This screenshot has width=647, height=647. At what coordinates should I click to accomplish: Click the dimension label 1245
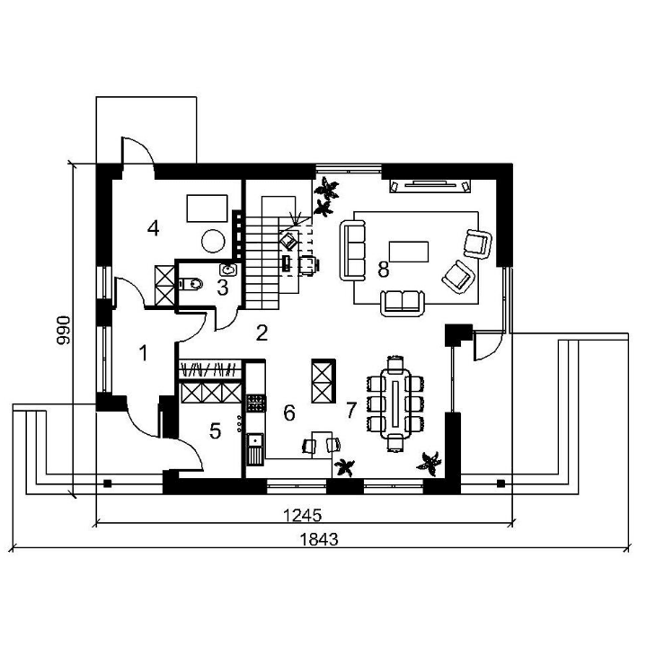(302, 516)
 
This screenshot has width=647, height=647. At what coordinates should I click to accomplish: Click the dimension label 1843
(318, 539)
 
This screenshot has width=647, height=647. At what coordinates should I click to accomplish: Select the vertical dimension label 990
(64, 330)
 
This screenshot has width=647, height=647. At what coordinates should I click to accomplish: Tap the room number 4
(153, 228)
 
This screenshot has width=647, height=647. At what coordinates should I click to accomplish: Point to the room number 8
(384, 270)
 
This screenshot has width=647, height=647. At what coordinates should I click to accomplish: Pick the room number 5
(215, 430)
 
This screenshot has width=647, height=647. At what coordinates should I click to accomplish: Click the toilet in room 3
(191, 284)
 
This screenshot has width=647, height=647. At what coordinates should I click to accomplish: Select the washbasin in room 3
(228, 270)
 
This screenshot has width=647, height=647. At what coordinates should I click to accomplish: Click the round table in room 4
(213, 241)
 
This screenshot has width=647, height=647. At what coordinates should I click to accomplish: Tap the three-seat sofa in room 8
(353, 251)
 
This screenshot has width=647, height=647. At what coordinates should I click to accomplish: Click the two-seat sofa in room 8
(403, 303)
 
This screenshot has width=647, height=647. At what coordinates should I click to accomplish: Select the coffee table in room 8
(409, 252)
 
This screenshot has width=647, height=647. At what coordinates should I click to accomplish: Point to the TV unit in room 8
(430, 186)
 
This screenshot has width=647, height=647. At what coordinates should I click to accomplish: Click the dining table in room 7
(395, 403)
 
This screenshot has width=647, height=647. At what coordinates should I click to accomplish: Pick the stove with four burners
(256, 403)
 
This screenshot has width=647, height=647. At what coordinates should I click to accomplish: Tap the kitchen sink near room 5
(255, 449)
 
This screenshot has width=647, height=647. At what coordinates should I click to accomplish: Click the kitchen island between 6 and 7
(323, 381)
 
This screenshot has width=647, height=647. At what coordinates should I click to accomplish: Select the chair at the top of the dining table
(395, 363)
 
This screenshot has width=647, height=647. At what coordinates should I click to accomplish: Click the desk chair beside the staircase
(308, 264)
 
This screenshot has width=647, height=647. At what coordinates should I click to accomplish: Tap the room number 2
(261, 332)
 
